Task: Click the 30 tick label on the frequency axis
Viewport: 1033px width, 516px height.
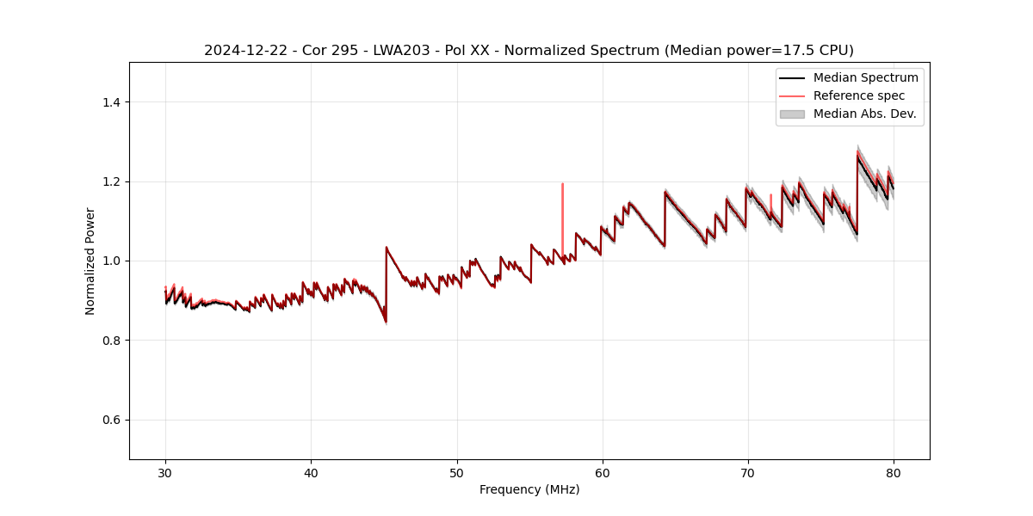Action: coord(165,472)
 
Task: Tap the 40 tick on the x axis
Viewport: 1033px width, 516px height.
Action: coord(311,472)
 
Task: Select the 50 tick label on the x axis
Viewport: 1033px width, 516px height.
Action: coord(457,472)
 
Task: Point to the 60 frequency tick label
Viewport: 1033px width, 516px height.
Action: coord(603,472)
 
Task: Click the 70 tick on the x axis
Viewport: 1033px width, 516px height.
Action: coord(748,472)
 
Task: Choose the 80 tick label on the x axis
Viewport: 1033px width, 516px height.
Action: coord(894,472)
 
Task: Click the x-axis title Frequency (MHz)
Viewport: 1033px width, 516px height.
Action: coord(529,489)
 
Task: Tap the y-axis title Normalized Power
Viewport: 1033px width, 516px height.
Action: coord(90,261)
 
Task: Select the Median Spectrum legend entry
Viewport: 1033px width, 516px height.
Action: coord(865,77)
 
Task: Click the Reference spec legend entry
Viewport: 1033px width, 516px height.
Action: coord(858,95)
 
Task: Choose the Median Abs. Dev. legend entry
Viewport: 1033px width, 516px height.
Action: coord(864,114)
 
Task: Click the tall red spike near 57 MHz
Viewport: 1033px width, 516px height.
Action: coord(562,206)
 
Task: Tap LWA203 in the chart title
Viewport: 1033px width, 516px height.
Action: coord(389,51)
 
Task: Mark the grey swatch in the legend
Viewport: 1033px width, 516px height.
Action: coord(792,114)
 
